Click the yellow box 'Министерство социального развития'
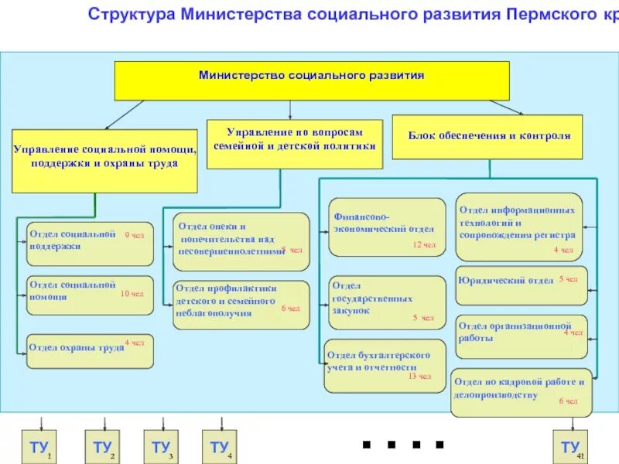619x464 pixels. coord(312,80)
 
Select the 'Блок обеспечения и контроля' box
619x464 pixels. coord(488,137)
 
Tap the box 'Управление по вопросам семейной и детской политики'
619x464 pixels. coord(295,144)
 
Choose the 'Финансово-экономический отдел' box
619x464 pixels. coord(387,227)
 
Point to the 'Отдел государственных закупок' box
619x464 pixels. coord(387,302)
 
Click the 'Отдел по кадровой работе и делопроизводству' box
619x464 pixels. coord(521,392)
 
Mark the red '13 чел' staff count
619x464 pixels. coord(419,377)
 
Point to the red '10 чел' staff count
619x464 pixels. coord(132,294)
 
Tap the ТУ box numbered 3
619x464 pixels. coord(162,447)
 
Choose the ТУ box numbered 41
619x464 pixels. coord(570,447)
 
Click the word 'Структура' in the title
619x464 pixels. coord(131,14)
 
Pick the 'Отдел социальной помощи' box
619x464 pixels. coord(90,295)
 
